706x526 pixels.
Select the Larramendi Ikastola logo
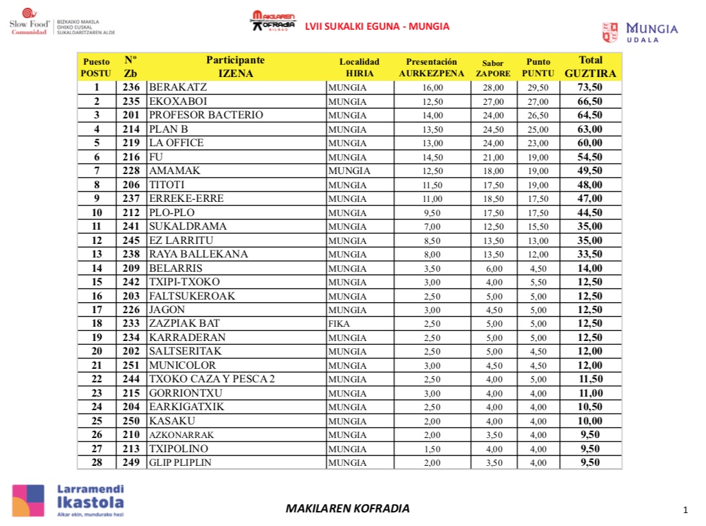pos(68,501)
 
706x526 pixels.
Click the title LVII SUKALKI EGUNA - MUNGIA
pos(377,27)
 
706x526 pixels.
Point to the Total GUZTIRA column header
pos(590,67)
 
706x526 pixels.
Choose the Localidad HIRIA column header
pos(359,67)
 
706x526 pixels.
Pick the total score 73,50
pos(590,87)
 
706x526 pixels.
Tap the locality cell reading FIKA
pos(339,323)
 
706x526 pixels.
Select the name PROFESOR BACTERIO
pos(206,115)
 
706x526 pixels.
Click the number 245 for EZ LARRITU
pos(131,241)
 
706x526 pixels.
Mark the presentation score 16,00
pos(432,87)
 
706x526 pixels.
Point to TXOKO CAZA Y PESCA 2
pos(212,379)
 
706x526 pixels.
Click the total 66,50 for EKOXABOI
pos(590,102)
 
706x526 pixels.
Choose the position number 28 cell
pos(96,463)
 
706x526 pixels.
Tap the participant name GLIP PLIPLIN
pos(180,463)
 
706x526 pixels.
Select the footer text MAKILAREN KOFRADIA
pos(347,509)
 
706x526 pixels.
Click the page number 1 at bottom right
pos(685,510)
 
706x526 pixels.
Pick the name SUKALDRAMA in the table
pos(188,226)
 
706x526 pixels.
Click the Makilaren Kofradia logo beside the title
pos(272,21)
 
